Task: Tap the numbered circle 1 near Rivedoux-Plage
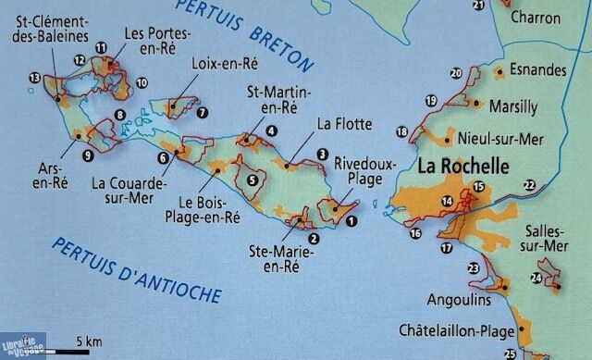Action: (351, 220)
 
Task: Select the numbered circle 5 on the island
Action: (252, 180)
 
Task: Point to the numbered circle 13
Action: (35, 77)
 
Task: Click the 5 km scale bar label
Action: (89, 341)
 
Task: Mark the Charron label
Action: (535, 17)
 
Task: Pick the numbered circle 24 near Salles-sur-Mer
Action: (536, 278)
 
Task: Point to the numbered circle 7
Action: (201, 113)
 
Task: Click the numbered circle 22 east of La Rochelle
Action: (529, 186)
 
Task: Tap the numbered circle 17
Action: (447, 247)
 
